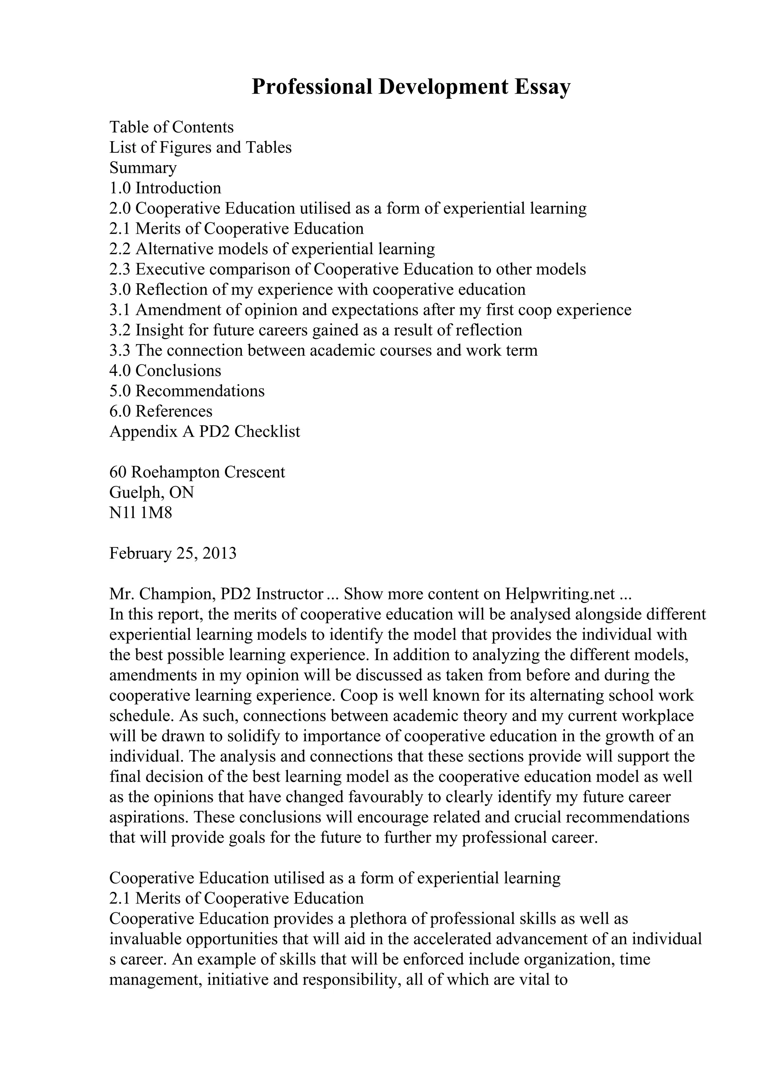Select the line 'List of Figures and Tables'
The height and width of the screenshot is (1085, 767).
point(200,148)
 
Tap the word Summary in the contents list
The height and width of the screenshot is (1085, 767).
point(143,168)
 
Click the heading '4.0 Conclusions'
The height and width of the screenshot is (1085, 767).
point(165,371)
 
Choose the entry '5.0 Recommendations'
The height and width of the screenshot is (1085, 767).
point(187,391)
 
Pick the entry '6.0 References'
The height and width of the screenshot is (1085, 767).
point(161,411)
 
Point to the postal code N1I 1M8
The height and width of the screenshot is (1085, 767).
point(140,513)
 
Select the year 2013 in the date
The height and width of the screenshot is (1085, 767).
point(219,553)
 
